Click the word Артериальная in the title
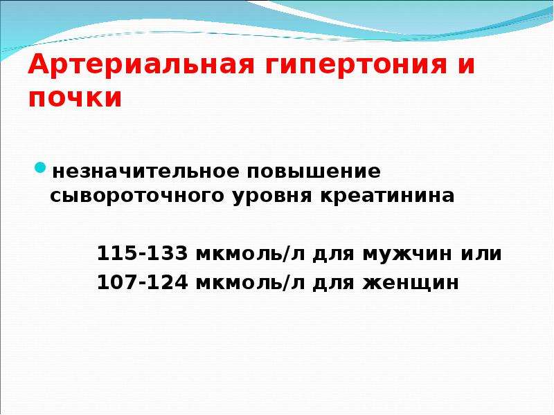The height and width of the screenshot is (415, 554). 141,64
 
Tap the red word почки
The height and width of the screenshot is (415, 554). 75,98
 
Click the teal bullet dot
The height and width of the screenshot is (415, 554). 40,167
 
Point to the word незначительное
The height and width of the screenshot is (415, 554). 145,172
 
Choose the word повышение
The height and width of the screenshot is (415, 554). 314,172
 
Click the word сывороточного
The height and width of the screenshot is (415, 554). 137,196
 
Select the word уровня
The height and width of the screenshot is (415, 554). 272,196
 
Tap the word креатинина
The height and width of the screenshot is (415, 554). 387,196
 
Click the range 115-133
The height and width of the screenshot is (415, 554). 142,253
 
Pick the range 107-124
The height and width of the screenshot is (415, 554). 142,282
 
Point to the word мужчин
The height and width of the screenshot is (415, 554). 407,255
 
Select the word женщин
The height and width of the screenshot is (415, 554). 411,284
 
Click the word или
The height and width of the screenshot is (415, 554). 481,254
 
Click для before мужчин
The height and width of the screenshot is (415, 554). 333,255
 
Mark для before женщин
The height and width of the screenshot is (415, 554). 333,284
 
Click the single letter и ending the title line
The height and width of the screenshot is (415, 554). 466,65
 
